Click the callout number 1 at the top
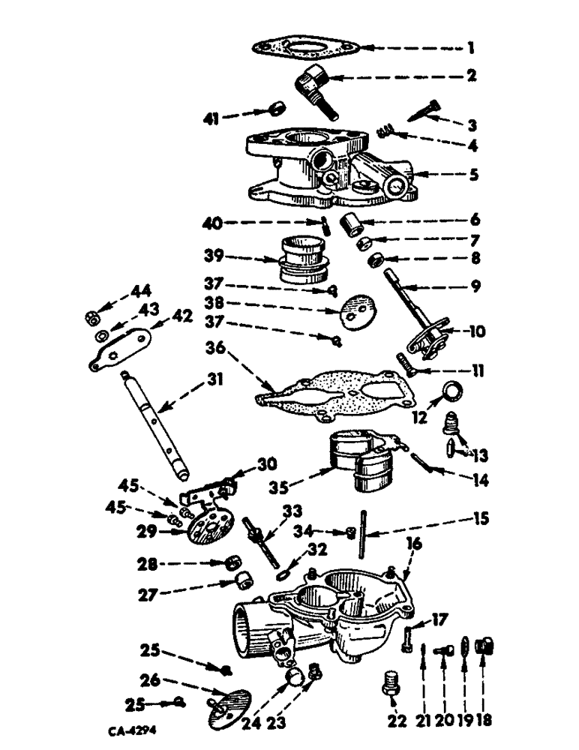471,49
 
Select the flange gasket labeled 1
305,49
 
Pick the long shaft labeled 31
151,424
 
